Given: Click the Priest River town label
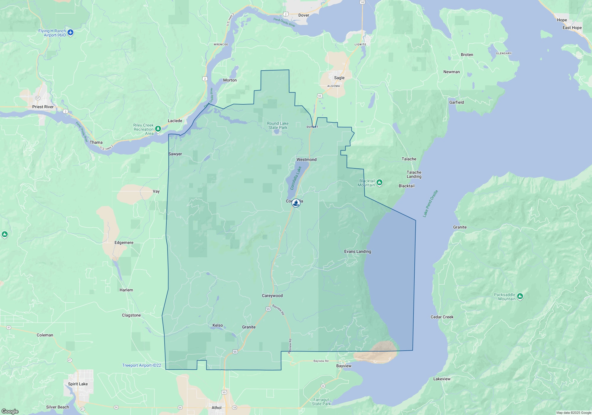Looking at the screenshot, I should [x=43, y=107].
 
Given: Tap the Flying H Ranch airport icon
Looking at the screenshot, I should [x=70, y=33].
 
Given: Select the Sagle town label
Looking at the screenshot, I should [x=339, y=78].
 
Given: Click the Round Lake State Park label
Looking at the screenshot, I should [x=278, y=125].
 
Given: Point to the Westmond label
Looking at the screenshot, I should [x=306, y=159].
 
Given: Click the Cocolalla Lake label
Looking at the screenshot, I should [x=296, y=178].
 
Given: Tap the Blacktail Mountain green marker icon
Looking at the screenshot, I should [x=379, y=183].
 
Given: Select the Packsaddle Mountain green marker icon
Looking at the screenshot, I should [x=520, y=296].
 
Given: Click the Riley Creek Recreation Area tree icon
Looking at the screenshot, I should [x=158, y=129].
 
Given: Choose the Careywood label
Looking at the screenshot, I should [x=272, y=296].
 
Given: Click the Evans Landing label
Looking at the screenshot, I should [x=358, y=251].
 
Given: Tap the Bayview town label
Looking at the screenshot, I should [x=344, y=366].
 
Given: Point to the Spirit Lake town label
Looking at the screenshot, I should [x=78, y=384].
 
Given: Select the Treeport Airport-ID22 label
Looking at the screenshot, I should [x=142, y=365].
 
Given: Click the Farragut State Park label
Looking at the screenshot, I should [x=321, y=402].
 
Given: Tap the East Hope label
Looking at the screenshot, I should [x=572, y=28].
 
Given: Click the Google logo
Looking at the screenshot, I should [x=10, y=411].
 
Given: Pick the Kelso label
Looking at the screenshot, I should [x=218, y=325].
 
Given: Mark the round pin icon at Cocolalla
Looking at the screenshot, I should [x=296, y=203].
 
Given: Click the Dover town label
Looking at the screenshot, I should [x=304, y=15].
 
